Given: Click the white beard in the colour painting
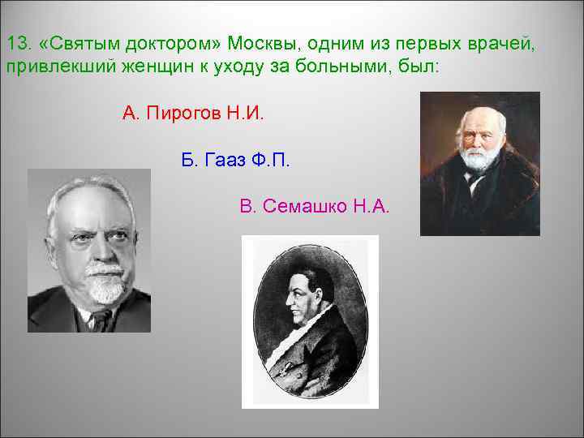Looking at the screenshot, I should tap(479, 157).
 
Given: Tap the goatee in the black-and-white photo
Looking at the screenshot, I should tap(105, 288).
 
